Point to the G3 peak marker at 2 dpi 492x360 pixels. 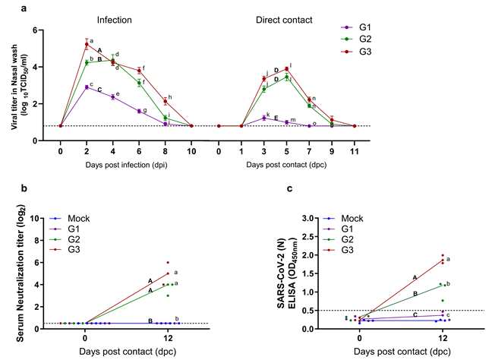click(x=87, y=45)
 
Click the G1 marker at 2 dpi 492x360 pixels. click(x=87, y=87)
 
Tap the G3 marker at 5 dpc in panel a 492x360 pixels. click(x=286, y=69)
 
